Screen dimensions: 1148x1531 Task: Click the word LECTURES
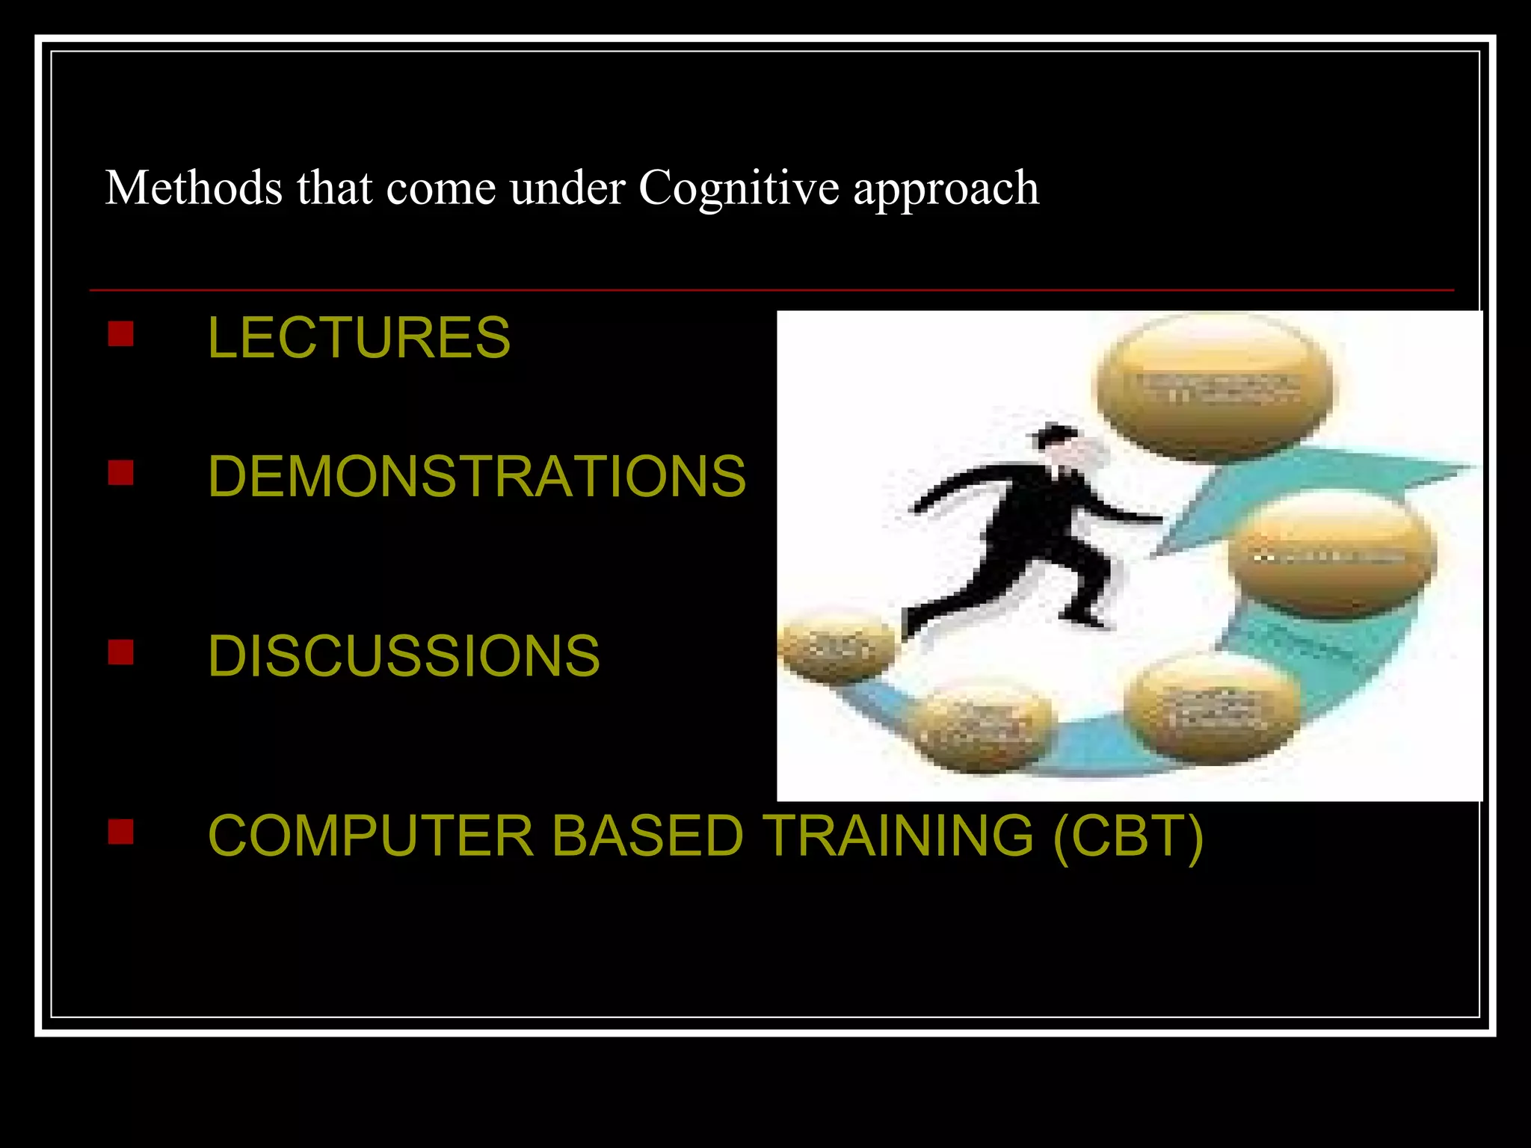pyautogui.click(x=359, y=338)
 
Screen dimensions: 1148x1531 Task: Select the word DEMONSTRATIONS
pyautogui.click(x=476, y=476)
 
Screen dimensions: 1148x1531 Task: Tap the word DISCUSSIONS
pyautogui.click(x=404, y=656)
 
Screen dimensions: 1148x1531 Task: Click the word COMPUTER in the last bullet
pyautogui.click(x=371, y=836)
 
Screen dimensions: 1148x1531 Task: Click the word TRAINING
pyautogui.click(x=897, y=836)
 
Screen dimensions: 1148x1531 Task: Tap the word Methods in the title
pyautogui.click(x=194, y=187)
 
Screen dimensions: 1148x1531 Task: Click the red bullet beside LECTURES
pyautogui.click(x=120, y=334)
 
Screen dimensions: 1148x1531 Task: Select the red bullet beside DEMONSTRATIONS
pyautogui.click(x=120, y=472)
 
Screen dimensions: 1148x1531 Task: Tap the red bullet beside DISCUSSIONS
pyautogui.click(x=120, y=652)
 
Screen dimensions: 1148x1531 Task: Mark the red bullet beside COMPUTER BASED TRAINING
pyautogui.click(x=120, y=831)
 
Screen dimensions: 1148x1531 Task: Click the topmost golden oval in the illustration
pyautogui.click(x=1213, y=385)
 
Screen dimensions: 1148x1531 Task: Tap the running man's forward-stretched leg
pyautogui.click(x=1080, y=590)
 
